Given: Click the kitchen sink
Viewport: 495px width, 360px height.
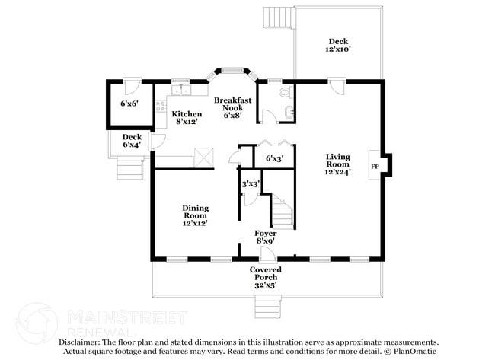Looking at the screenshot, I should [180, 91].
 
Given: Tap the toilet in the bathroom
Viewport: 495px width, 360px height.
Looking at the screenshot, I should [284, 93].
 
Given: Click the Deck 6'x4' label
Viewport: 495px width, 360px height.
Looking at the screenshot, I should [132, 142].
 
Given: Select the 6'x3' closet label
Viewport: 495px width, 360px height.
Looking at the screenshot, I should [274, 158].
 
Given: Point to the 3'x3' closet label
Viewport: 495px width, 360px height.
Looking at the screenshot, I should [251, 184].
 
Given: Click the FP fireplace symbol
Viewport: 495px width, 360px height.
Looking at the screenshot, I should [375, 165].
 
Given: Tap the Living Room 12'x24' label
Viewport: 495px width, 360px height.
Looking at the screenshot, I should [337, 164].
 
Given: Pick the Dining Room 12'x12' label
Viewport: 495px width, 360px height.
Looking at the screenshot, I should [195, 215].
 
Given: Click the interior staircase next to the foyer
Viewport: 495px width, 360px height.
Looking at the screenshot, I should [282, 210].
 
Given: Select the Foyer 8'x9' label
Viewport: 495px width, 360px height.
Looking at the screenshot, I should [265, 237].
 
